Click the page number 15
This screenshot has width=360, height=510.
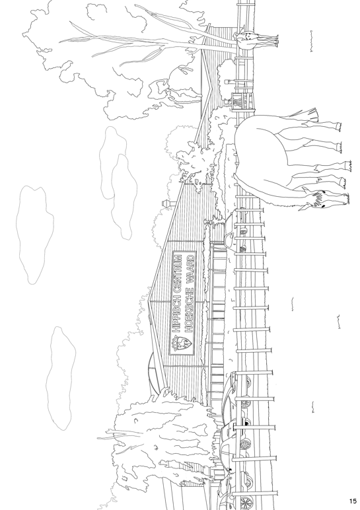[x=353, y=501]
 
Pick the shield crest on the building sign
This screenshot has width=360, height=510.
[x=181, y=344]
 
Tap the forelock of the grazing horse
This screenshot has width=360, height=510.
[x=317, y=196]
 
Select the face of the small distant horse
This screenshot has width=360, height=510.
[x=248, y=36]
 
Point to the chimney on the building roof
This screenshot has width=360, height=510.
[x=168, y=203]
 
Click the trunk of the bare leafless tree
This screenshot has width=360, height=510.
[x=169, y=42]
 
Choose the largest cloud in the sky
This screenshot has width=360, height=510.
[x=34, y=235]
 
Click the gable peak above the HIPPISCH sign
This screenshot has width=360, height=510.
[x=149, y=301]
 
